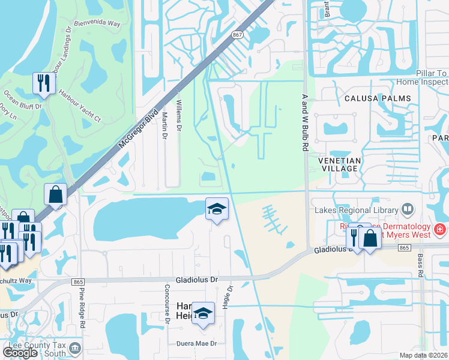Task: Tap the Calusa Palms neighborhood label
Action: click(x=378, y=98)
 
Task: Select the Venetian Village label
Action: click(x=340, y=164)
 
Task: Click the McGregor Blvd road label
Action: click(x=137, y=128)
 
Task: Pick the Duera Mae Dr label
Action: click(x=196, y=344)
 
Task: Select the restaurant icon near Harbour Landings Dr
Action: click(x=43, y=83)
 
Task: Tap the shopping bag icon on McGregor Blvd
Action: click(x=55, y=195)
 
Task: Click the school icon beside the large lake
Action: click(x=217, y=209)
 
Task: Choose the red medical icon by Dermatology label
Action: click(x=440, y=229)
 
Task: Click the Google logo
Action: click(x=20, y=352)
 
